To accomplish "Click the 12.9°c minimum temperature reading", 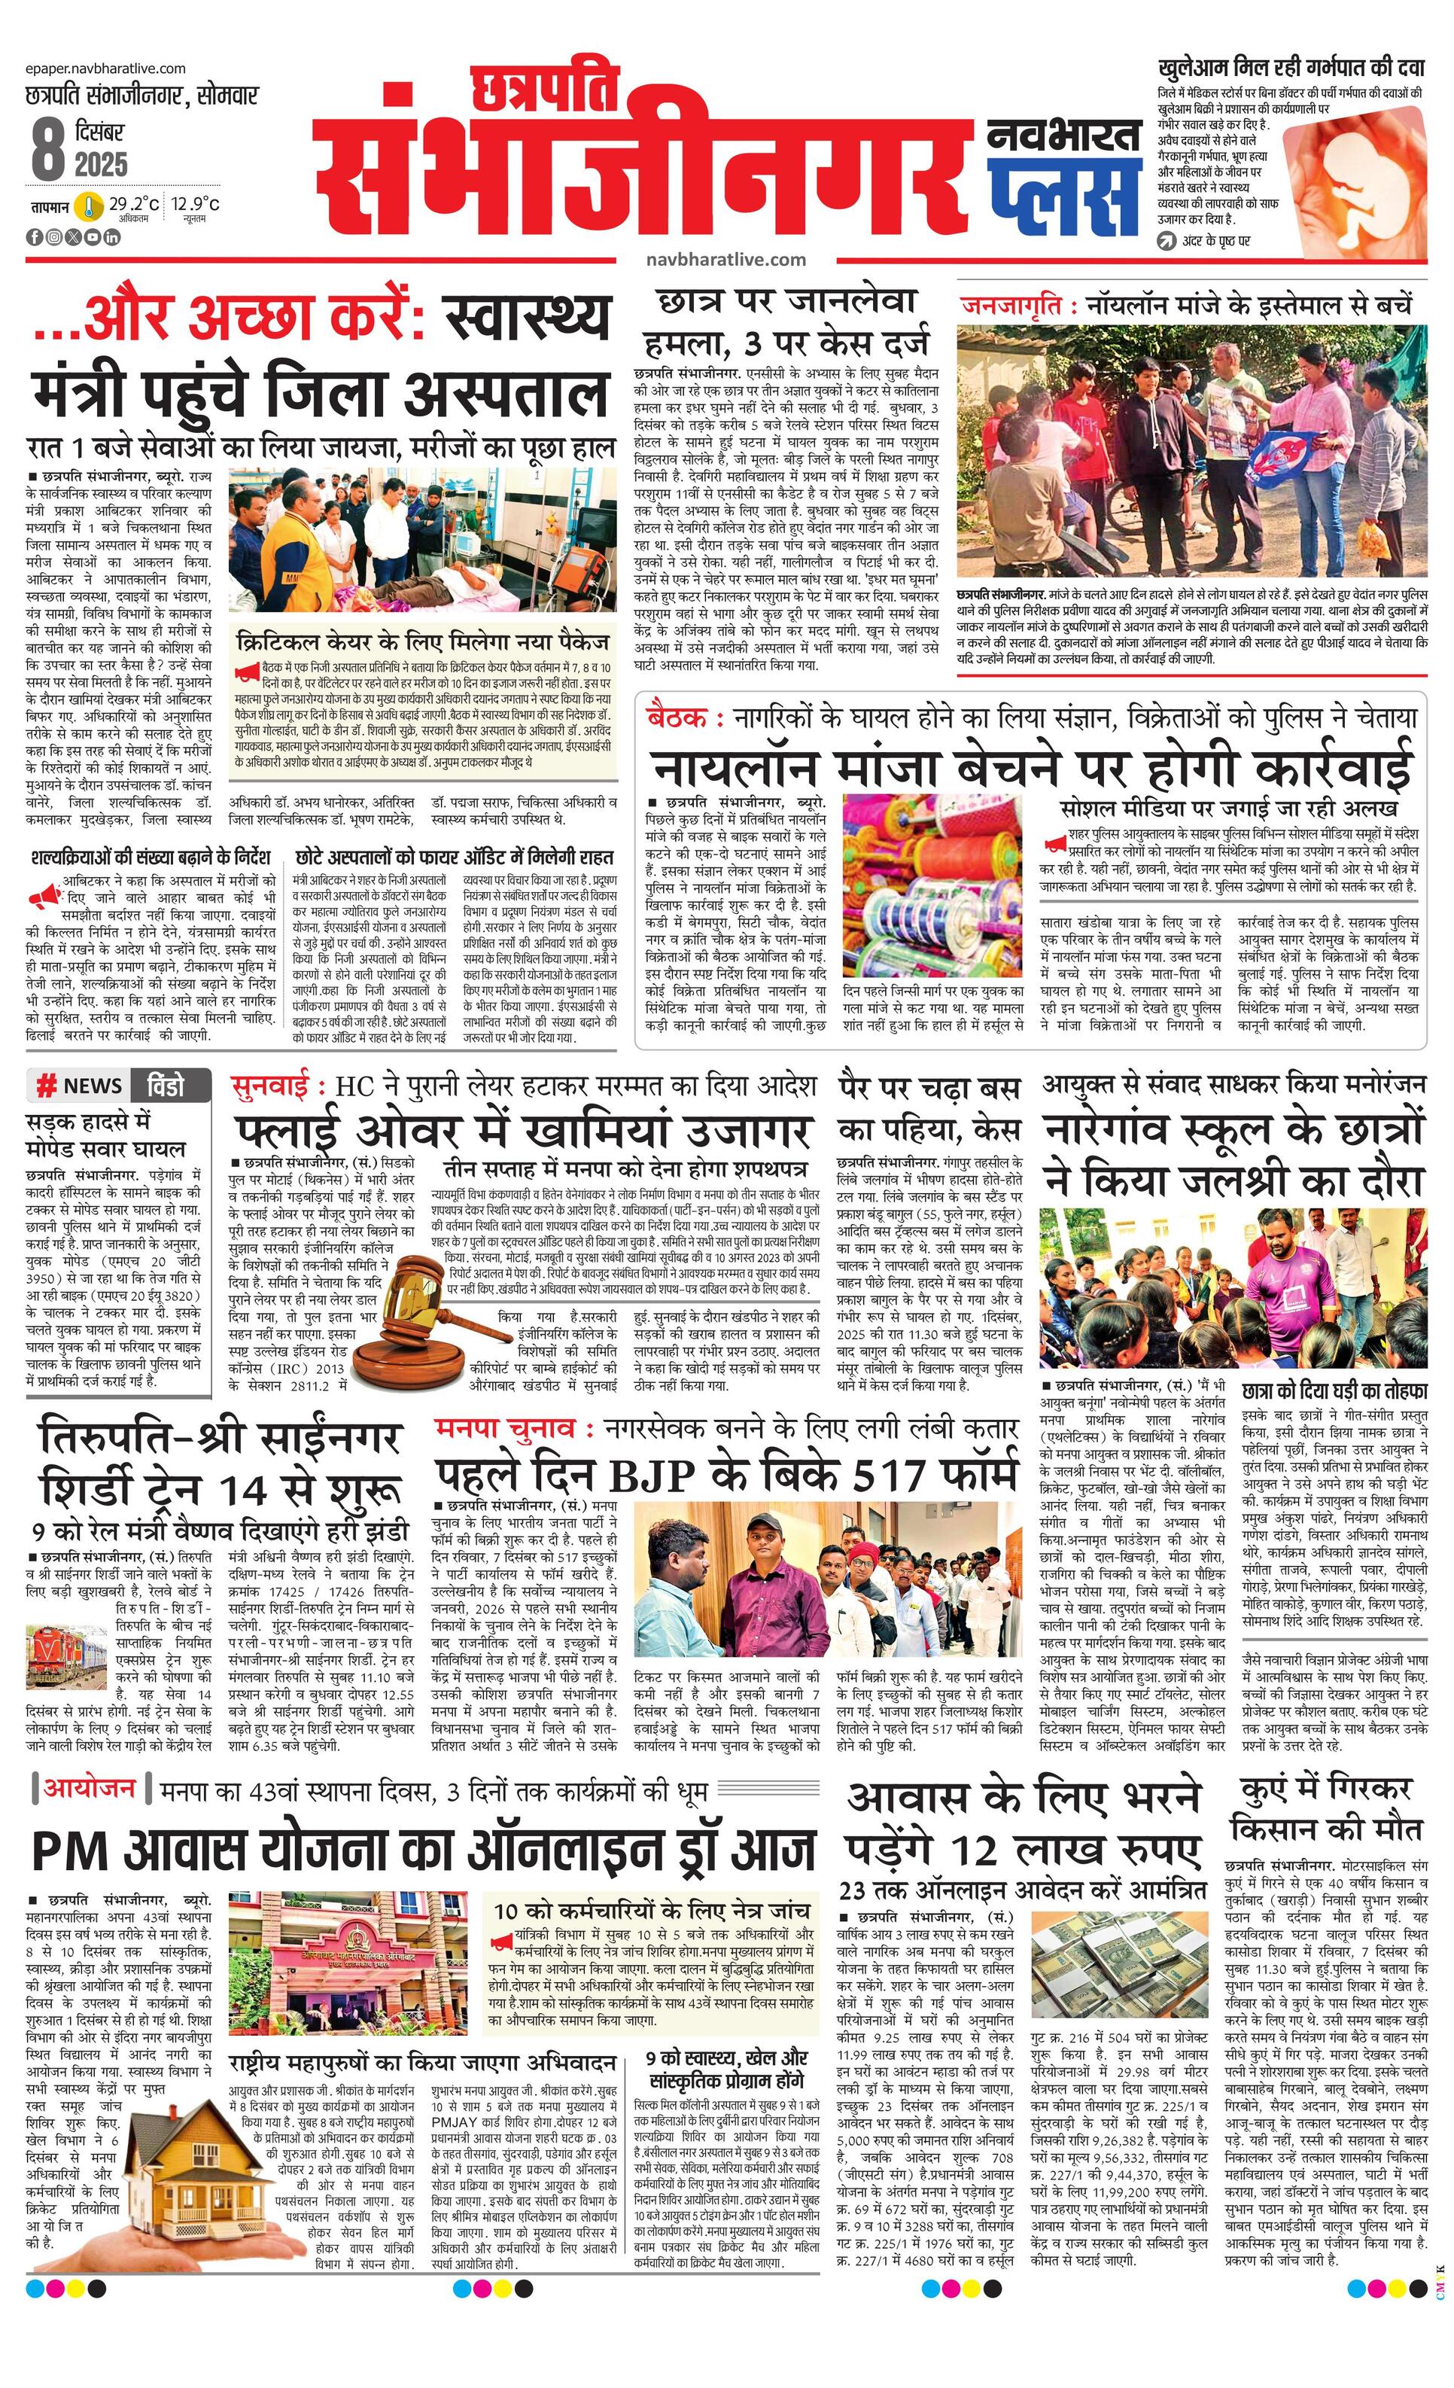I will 196,203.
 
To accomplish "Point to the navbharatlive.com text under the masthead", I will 725,260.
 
